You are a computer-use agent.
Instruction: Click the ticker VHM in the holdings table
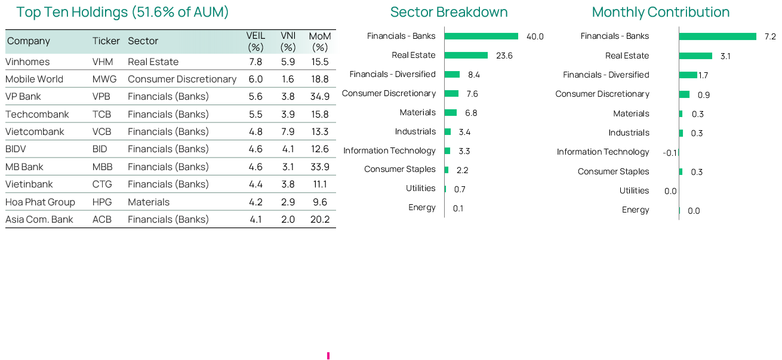(x=101, y=61)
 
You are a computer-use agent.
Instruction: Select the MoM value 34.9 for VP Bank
(x=320, y=97)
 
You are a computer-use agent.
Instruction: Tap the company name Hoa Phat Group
(x=40, y=202)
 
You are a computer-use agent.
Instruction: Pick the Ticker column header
(x=106, y=41)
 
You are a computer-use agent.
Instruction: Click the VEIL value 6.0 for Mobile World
(x=255, y=79)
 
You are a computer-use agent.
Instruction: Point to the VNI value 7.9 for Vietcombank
(x=288, y=132)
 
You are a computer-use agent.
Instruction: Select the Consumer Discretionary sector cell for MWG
(x=182, y=79)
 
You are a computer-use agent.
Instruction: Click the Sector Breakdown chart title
(x=449, y=12)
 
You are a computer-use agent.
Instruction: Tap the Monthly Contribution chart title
(x=661, y=12)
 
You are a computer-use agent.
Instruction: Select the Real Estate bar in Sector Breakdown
(x=466, y=55)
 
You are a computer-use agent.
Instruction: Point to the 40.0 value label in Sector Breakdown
(x=535, y=36)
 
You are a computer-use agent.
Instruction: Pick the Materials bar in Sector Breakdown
(x=451, y=112)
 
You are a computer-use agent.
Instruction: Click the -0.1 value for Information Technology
(x=670, y=153)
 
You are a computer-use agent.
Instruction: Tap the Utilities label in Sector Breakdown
(x=420, y=188)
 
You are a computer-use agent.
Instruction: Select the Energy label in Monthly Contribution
(x=635, y=210)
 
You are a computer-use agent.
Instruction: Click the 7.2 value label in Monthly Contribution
(x=770, y=36)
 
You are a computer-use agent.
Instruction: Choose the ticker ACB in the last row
(x=102, y=219)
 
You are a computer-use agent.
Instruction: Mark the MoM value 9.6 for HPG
(x=320, y=202)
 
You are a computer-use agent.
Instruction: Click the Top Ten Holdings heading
(x=122, y=12)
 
